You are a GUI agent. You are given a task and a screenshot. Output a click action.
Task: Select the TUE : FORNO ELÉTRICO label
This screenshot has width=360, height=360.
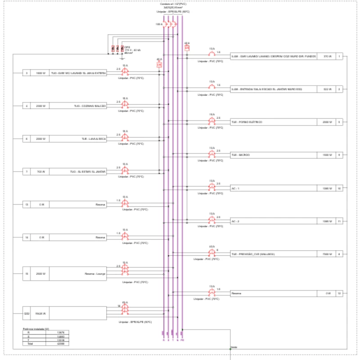tap(247, 122)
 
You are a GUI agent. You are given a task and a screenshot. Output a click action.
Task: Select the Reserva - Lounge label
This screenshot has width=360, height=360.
tap(94, 274)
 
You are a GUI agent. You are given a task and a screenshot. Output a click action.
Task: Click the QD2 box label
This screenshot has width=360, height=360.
tap(27, 313)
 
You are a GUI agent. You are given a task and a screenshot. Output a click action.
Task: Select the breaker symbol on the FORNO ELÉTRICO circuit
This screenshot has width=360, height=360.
tap(211, 122)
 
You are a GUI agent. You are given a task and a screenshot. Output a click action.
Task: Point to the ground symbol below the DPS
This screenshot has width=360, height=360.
tap(122, 57)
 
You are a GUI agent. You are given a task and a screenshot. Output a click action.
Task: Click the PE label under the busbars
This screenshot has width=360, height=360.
tap(183, 340)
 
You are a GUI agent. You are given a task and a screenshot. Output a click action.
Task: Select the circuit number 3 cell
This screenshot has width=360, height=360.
tap(27, 72)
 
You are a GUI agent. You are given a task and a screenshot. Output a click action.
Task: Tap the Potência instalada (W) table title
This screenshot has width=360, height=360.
tap(36, 329)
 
